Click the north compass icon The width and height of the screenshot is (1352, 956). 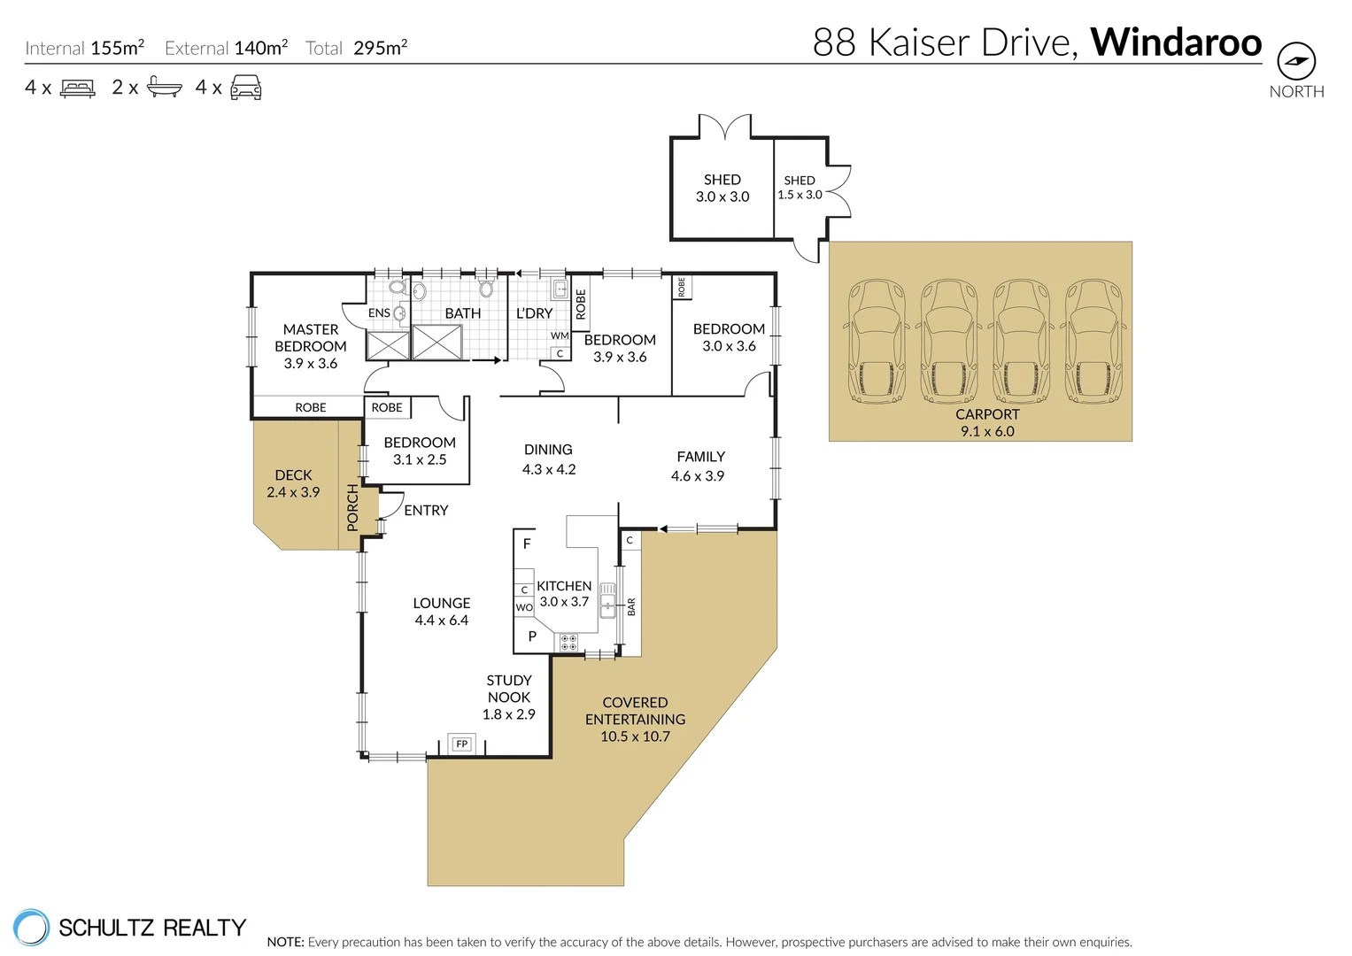click(x=1295, y=61)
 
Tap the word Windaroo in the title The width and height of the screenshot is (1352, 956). click(x=1175, y=42)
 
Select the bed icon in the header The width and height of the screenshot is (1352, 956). click(x=78, y=88)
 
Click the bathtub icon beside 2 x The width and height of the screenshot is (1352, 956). click(x=164, y=87)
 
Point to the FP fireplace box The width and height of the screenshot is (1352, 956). click(x=461, y=744)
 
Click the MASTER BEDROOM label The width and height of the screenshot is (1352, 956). click(x=311, y=338)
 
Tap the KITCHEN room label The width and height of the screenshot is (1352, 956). click(x=564, y=586)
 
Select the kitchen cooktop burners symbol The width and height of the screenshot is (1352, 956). click(x=568, y=643)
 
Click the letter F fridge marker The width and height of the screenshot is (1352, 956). click(x=527, y=544)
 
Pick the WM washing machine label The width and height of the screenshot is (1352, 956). click(x=560, y=336)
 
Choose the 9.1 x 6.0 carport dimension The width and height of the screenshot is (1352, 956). click(x=987, y=431)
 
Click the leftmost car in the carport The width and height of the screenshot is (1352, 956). click(x=877, y=341)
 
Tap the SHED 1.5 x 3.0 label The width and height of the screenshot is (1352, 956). click(x=800, y=187)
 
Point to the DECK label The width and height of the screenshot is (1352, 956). click(x=293, y=475)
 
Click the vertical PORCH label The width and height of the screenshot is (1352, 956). click(x=352, y=507)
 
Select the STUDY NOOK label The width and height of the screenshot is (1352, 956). click(x=509, y=689)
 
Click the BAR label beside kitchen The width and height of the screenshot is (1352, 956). click(x=631, y=606)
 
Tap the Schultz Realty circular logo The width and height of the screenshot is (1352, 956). click(x=32, y=927)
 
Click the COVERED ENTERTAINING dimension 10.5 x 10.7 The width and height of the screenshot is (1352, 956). click(x=635, y=736)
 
